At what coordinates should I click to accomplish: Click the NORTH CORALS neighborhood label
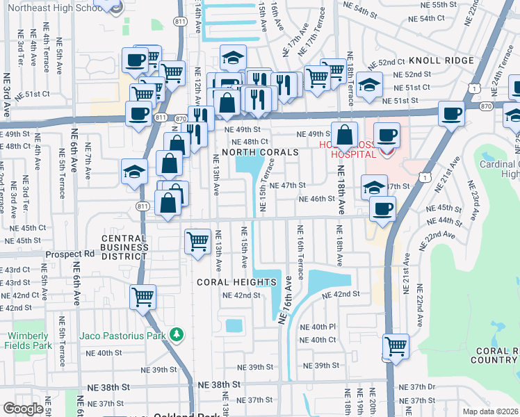pos(261,152)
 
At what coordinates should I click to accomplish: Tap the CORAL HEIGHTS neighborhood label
pos(236,282)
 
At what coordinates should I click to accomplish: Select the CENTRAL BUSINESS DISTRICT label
pos(124,247)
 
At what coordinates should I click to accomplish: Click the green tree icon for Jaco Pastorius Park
pos(177,336)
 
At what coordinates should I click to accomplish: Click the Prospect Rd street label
pos(70,254)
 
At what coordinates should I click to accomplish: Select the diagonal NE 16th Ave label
pos(286,300)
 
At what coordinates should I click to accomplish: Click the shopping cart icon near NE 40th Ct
pos(396,345)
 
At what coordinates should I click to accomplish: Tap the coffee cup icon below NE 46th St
pos(381,208)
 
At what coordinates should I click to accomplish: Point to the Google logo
pos(22,409)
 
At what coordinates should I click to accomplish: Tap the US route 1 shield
pos(473,89)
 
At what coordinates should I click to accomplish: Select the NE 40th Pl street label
pos(318,327)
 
